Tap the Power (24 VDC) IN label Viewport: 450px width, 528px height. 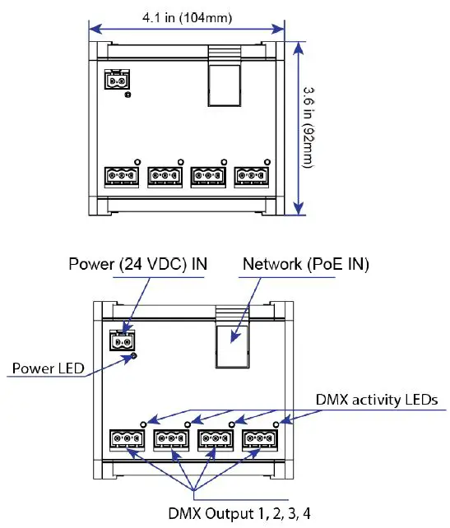point(137,264)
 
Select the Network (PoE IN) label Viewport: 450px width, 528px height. point(304,264)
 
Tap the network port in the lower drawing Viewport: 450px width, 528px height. point(232,341)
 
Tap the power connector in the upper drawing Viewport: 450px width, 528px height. point(118,81)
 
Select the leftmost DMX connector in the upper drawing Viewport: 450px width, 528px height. point(121,176)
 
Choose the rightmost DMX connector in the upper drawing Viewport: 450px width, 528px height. point(250,176)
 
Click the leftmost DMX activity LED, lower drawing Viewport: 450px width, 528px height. point(143,424)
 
